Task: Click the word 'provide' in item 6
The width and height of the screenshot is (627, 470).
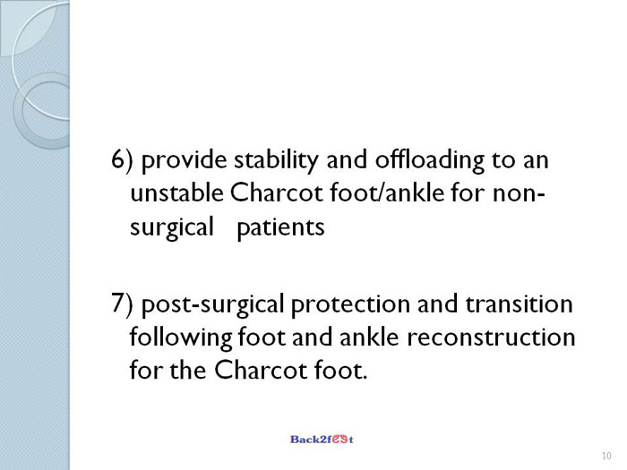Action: [x=184, y=160]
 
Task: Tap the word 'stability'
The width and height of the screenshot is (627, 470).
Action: [x=276, y=160]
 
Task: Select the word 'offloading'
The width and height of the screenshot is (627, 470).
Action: [x=429, y=160]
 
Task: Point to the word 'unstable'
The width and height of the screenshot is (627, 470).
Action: [x=176, y=192]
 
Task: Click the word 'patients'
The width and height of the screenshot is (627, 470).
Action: [x=280, y=227]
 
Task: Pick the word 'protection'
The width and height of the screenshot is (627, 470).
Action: [x=350, y=304]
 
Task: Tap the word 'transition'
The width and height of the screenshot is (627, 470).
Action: [x=519, y=303]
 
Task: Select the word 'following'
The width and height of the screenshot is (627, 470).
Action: [x=181, y=338]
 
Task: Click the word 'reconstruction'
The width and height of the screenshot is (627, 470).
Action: [x=491, y=338]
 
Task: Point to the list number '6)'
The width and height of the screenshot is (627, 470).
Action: [x=122, y=160]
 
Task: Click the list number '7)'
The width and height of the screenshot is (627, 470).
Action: [x=122, y=303]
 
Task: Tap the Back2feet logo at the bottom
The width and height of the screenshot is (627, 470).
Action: [x=322, y=440]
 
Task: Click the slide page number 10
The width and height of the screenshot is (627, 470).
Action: [x=606, y=456]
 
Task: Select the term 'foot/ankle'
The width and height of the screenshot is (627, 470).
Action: [x=387, y=192]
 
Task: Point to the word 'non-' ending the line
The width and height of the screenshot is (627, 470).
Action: [x=519, y=193]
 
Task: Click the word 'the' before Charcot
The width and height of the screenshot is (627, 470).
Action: [x=188, y=370]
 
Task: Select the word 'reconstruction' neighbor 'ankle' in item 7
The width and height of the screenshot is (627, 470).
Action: [x=491, y=338]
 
